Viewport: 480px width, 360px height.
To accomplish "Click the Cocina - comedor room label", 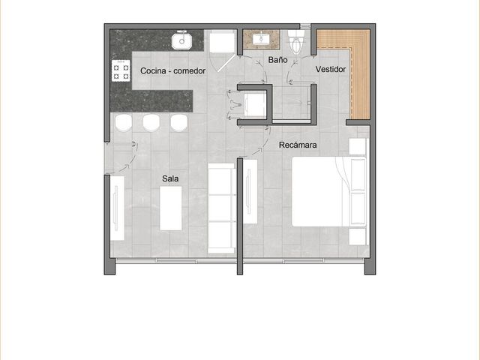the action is [172, 71].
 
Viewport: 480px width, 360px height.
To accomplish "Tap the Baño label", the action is [277, 59].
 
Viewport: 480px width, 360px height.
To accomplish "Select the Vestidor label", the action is [331, 70].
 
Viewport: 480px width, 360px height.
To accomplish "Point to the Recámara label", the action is [298, 145].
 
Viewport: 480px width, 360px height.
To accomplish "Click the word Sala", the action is [170, 178].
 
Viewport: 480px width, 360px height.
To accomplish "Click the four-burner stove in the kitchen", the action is [121, 70].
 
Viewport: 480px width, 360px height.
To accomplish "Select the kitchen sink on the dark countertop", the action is [181, 40].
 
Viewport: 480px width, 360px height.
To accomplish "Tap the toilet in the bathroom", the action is [296, 41].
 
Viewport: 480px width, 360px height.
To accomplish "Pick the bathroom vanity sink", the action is [262, 38].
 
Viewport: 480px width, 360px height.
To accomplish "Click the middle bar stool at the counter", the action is [151, 123].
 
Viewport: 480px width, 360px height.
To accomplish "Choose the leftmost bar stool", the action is [124, 123].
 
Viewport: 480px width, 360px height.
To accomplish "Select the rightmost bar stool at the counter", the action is [178, 123].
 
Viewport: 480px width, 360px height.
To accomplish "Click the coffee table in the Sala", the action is [171, 208].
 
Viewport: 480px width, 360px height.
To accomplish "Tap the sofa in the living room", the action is [222, 208].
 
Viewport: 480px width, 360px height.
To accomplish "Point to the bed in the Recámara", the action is [329, 192].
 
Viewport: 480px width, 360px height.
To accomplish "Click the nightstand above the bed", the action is [358, 146].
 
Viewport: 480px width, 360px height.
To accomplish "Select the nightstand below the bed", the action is [358, 236].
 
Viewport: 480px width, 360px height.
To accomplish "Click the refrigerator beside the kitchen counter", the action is [222, 41].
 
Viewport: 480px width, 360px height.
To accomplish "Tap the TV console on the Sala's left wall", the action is [117, 208].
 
